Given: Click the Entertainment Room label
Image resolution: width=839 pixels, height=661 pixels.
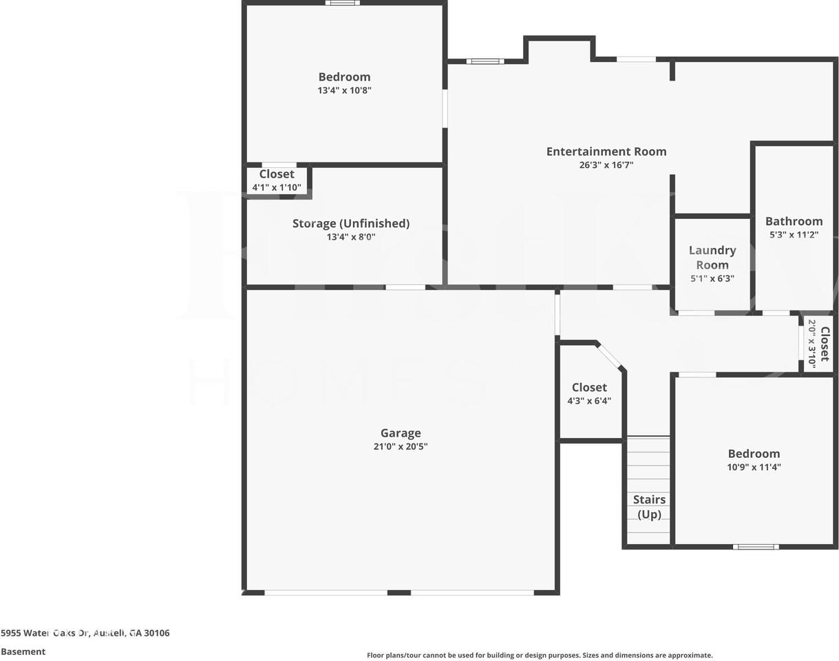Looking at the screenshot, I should (606, 151).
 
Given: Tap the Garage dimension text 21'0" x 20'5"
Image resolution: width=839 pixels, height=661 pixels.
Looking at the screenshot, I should (401, 446).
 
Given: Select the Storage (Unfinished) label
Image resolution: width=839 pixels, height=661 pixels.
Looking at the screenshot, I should (350, 223).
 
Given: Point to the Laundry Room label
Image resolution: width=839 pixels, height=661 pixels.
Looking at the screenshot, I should (712, 258).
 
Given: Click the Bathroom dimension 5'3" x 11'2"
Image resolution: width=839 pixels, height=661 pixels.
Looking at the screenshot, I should (794, 235).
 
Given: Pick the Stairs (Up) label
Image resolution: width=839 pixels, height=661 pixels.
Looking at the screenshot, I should (649, 507).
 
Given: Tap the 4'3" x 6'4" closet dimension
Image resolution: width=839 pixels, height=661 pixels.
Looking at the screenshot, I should (589, 401).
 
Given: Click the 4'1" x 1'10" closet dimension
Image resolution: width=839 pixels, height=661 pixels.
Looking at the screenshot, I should (277, 187).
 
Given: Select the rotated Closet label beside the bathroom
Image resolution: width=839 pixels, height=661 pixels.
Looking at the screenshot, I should (825, 344).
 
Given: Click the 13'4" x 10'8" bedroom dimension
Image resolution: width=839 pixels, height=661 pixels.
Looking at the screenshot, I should (344, 90).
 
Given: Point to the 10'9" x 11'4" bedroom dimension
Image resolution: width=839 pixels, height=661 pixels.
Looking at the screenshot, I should (754, 467).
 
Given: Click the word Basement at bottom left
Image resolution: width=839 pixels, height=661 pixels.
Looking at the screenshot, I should (23, 651).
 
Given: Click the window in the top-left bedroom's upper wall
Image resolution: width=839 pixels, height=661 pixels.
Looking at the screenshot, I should (342, 3).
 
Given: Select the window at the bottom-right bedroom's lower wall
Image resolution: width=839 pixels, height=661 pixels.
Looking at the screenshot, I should (756, 547).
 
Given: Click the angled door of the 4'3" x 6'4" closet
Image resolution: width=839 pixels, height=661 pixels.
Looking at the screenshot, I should (609, 356).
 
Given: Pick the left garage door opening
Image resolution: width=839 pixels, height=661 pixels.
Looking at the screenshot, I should (326, 592).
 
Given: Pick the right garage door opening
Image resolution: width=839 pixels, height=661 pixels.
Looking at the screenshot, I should (472, 592).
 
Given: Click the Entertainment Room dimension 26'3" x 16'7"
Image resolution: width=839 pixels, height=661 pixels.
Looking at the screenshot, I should (606, 165).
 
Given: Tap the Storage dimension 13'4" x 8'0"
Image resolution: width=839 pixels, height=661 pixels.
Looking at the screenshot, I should (350, 237).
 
